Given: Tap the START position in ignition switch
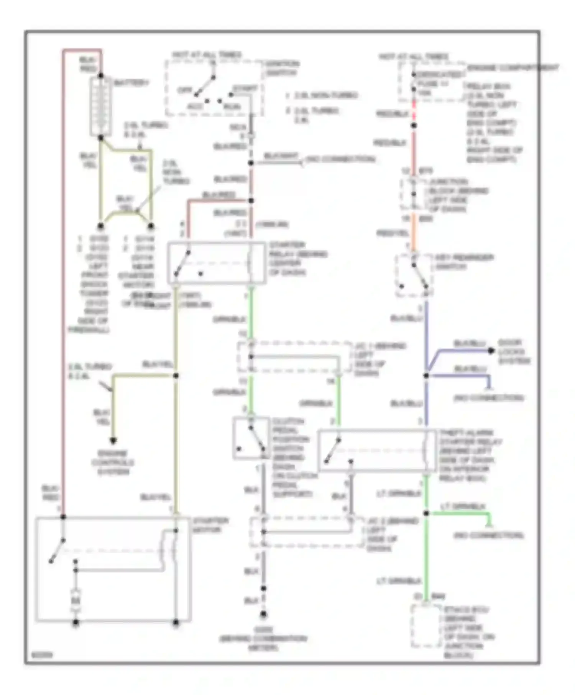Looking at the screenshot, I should tap(245, 89).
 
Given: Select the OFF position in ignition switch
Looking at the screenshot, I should tap(185, 90).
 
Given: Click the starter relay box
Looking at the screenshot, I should tap(217, 263).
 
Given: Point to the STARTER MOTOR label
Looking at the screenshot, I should tap(210, 525).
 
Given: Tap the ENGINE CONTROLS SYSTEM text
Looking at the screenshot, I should tap(113, 462).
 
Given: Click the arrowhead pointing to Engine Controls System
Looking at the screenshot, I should tap(113, 441).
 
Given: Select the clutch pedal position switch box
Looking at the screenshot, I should tap(251, 438).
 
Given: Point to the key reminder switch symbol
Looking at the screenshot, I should tap(414, 275).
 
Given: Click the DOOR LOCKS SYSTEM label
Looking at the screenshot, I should tap(514, 352).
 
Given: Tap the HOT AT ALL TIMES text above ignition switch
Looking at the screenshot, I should tap(207, 55).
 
